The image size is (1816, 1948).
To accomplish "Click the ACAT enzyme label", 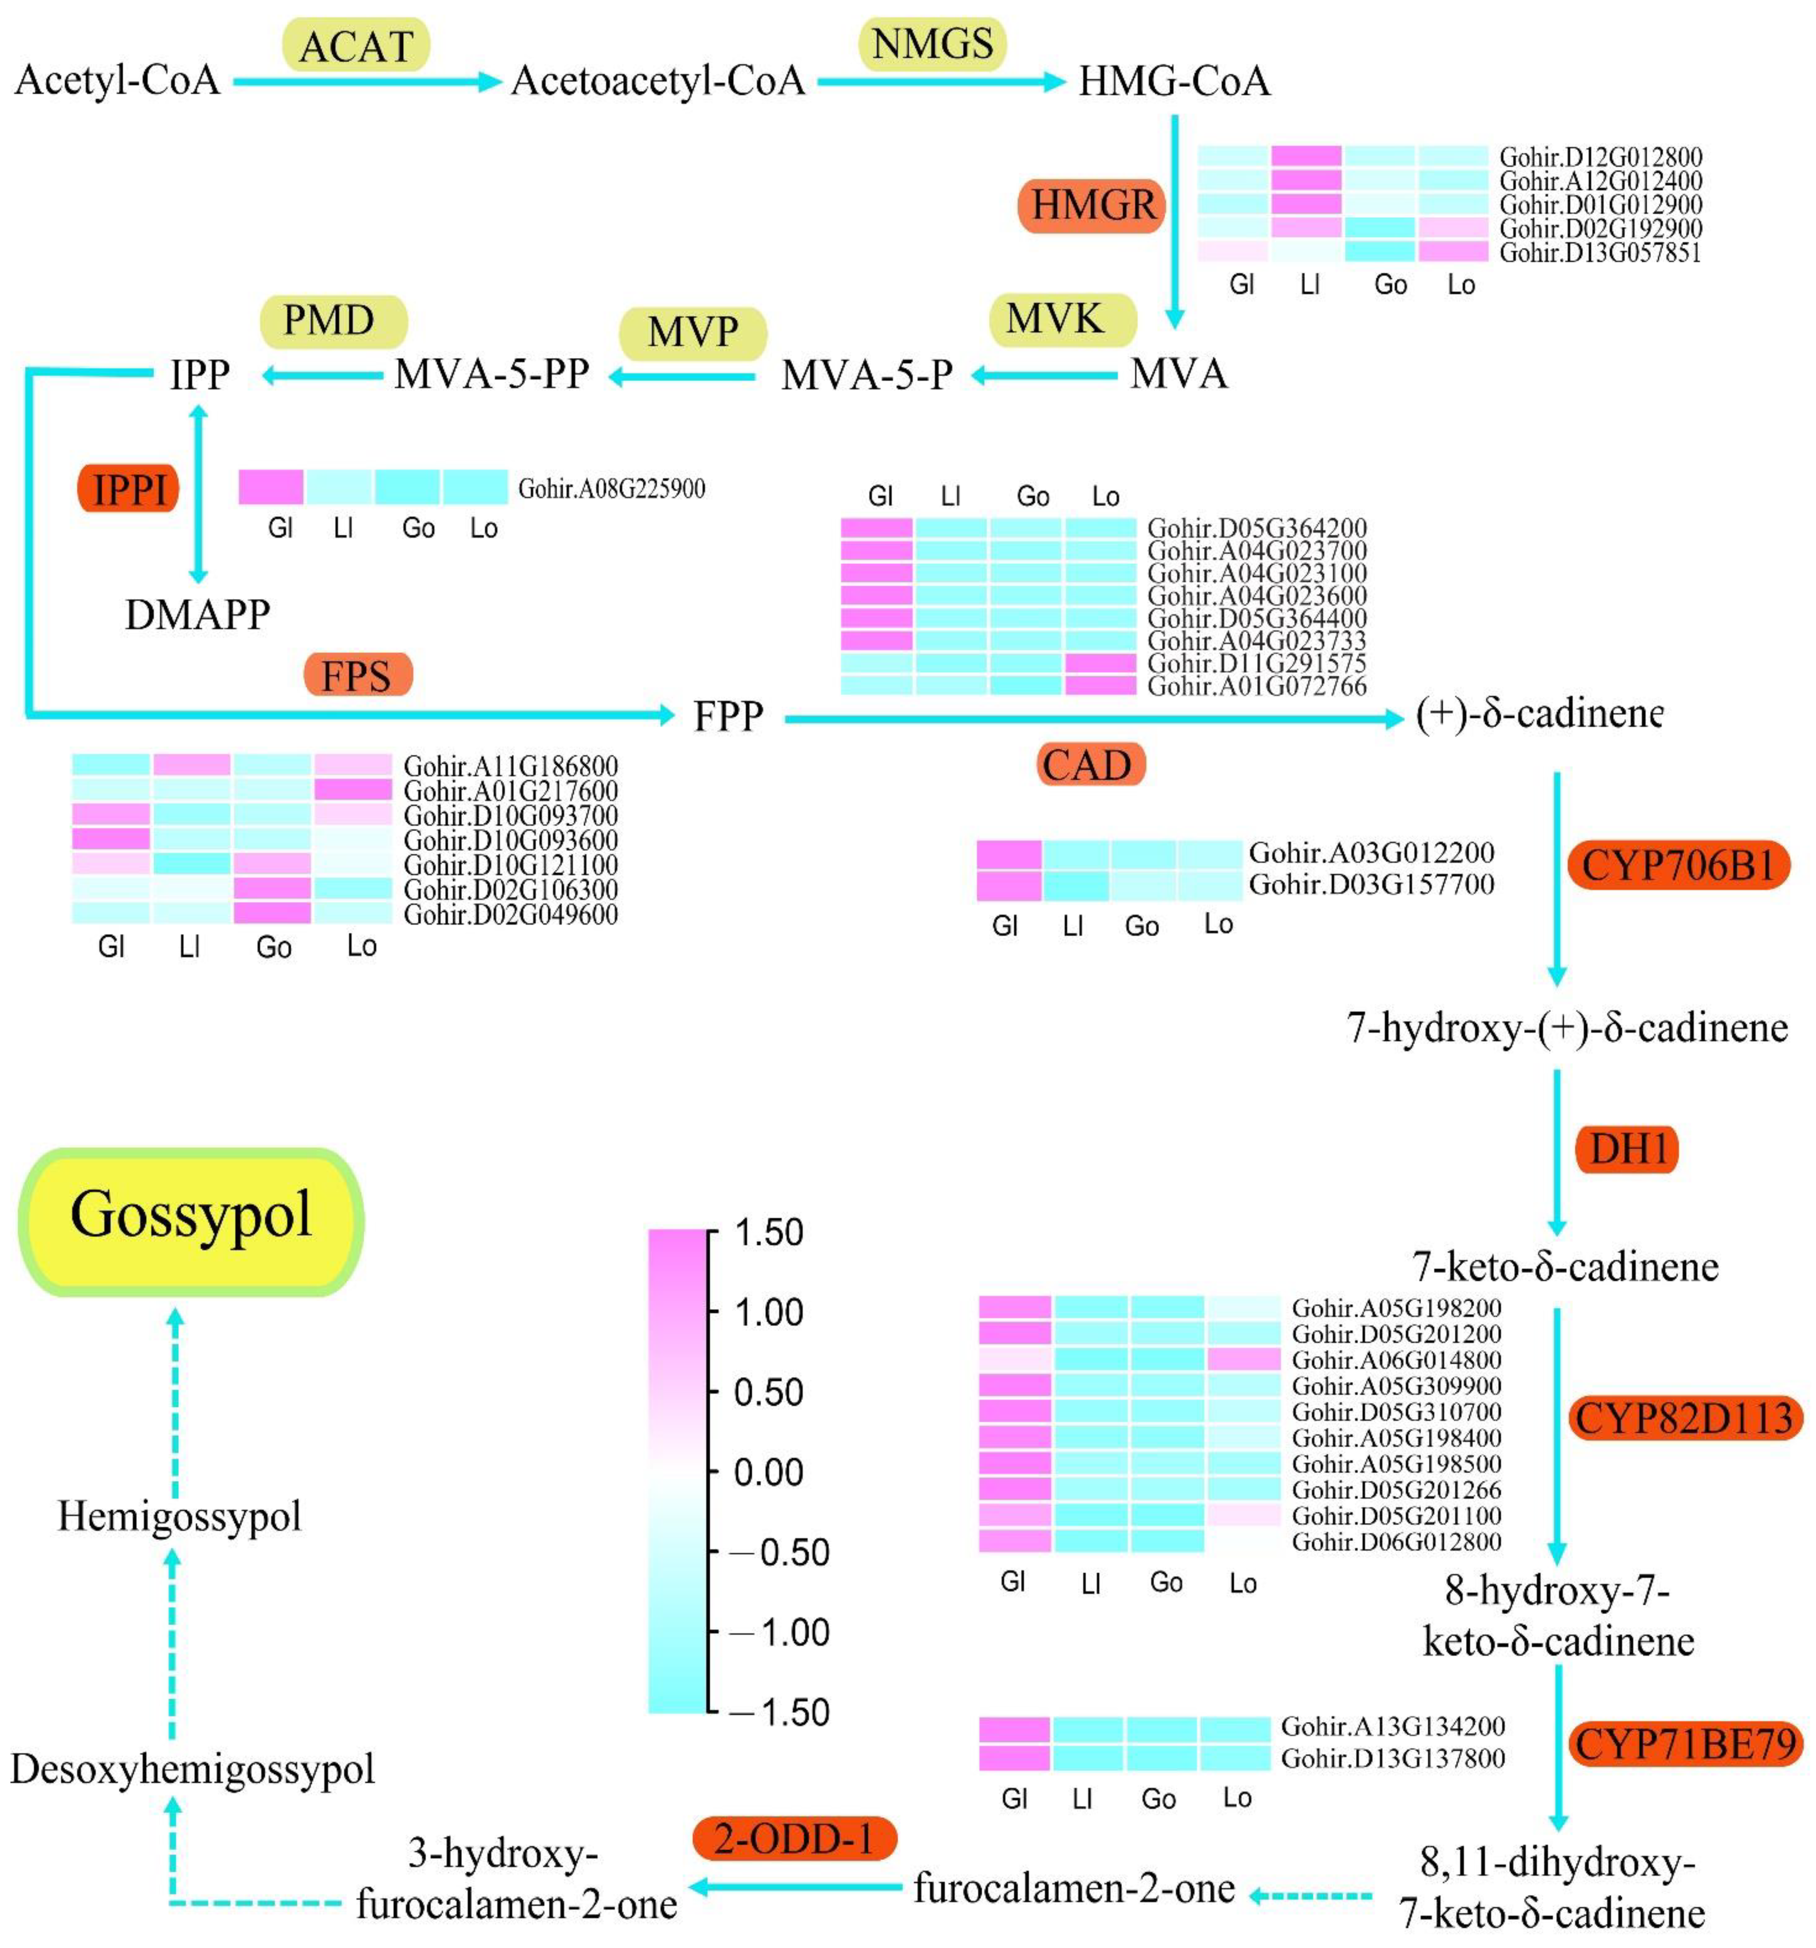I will (x=356, y=45).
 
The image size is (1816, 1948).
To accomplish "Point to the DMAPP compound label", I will (x=197, y=614).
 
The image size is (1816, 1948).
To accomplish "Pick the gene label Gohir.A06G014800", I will (x=1396, y=1360).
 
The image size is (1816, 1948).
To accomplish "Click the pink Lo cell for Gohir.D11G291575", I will (x=1100, y=663).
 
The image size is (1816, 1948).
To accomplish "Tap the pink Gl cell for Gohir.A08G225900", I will (x=271, y=487).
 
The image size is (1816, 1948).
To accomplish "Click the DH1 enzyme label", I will (x=1627, y=1148).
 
